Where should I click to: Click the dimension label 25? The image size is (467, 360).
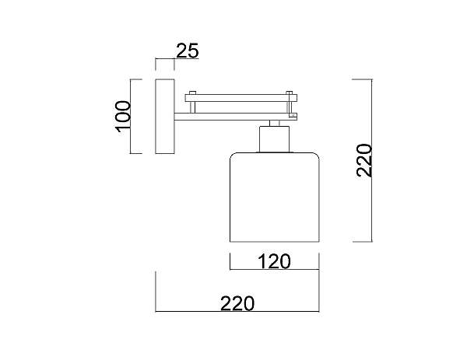pyautogui.click(x=187, y=51)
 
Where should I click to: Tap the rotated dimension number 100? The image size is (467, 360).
pyautogui.click(x=123, y=117)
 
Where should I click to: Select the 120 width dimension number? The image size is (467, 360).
pyautogui.click(x=274, y=261)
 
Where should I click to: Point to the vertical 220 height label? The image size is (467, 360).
pyautogui.click(x=364, y=161)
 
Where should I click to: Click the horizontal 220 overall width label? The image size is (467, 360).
pyautogui.click(x=237, y=303)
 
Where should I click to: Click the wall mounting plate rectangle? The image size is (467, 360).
pyautogui.click(x=165, y=117)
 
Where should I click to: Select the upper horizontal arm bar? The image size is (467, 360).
pyautogui.click(x=241, y=98)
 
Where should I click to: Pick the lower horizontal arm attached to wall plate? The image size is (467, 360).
pyautogui.click(x=236, y=117)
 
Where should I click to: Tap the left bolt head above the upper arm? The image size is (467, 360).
pyautogui.click(x=193, y=93)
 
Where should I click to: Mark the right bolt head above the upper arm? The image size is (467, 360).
pyautogui.click(x=290, y=93)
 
